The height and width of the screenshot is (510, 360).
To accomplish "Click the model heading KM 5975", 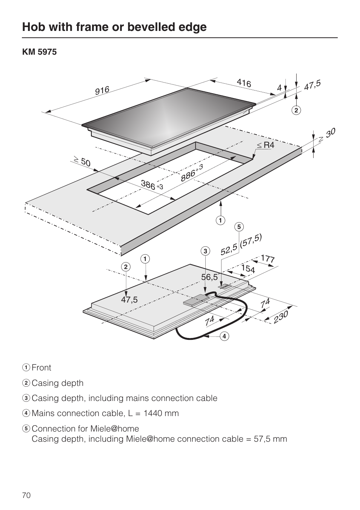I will tap(39, 52).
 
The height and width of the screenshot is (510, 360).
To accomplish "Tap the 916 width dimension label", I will tap(102, 91).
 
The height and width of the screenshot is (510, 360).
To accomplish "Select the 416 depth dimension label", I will tap(244, 83).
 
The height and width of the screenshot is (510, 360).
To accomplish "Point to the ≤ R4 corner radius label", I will tap(266, 145).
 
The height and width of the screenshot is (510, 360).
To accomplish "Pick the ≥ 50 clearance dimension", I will tap(82, 162).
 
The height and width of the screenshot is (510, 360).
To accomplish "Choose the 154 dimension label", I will tap(248, 269).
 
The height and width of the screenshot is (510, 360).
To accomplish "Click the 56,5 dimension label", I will tap(209, 277).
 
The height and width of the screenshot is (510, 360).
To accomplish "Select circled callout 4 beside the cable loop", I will tap(224, 336).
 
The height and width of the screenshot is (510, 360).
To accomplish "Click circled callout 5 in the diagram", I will tap(239, 227).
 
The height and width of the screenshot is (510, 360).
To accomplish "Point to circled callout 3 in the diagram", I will tap(205, 251).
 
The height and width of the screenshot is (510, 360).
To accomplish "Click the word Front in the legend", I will tap(42, 368).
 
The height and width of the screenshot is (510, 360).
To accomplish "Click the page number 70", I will tap(26, 495).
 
